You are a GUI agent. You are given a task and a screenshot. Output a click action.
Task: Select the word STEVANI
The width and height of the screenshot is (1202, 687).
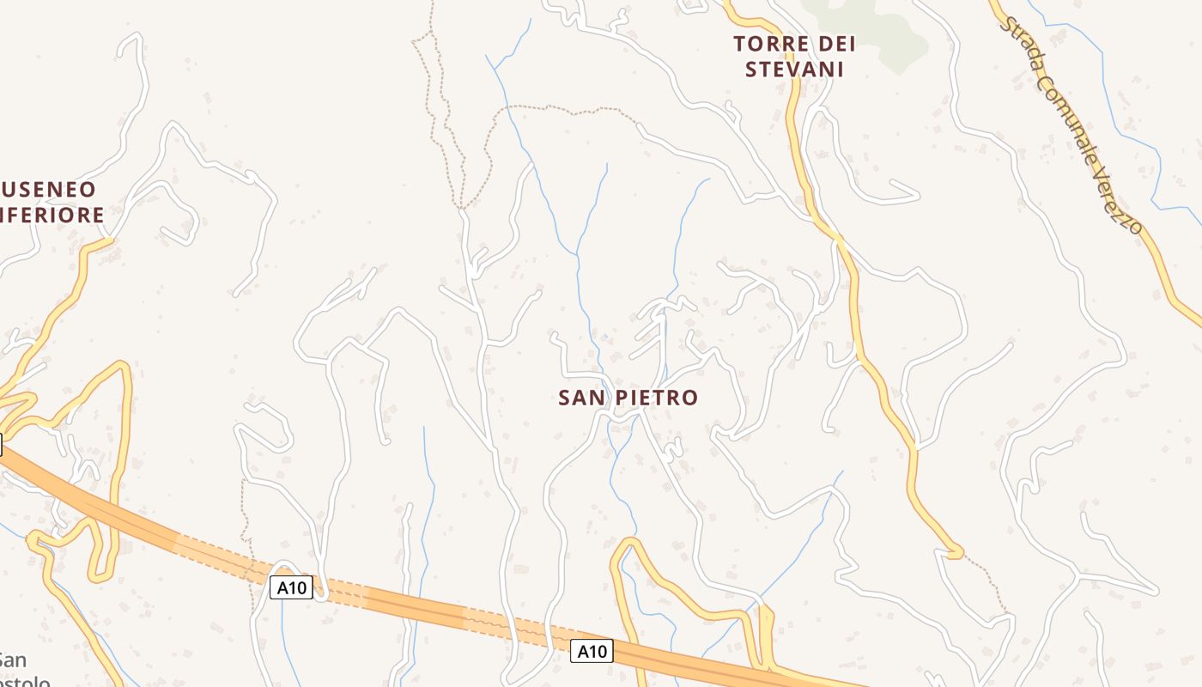click(794, 70)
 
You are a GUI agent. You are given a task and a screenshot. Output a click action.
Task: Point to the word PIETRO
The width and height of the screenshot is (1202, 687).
click(657, 398)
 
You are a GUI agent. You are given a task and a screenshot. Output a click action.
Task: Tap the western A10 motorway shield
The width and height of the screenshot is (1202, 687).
click(291, 588)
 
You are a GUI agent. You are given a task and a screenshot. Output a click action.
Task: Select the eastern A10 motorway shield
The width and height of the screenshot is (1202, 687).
click(592, 652)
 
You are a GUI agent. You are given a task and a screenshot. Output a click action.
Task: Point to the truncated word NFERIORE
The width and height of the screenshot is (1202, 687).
click(53, 215)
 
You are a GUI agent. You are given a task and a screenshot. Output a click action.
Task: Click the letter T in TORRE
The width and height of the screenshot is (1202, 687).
click(739, 44)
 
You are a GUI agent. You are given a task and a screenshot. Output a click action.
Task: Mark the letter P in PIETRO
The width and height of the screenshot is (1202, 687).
click(622, 398)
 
